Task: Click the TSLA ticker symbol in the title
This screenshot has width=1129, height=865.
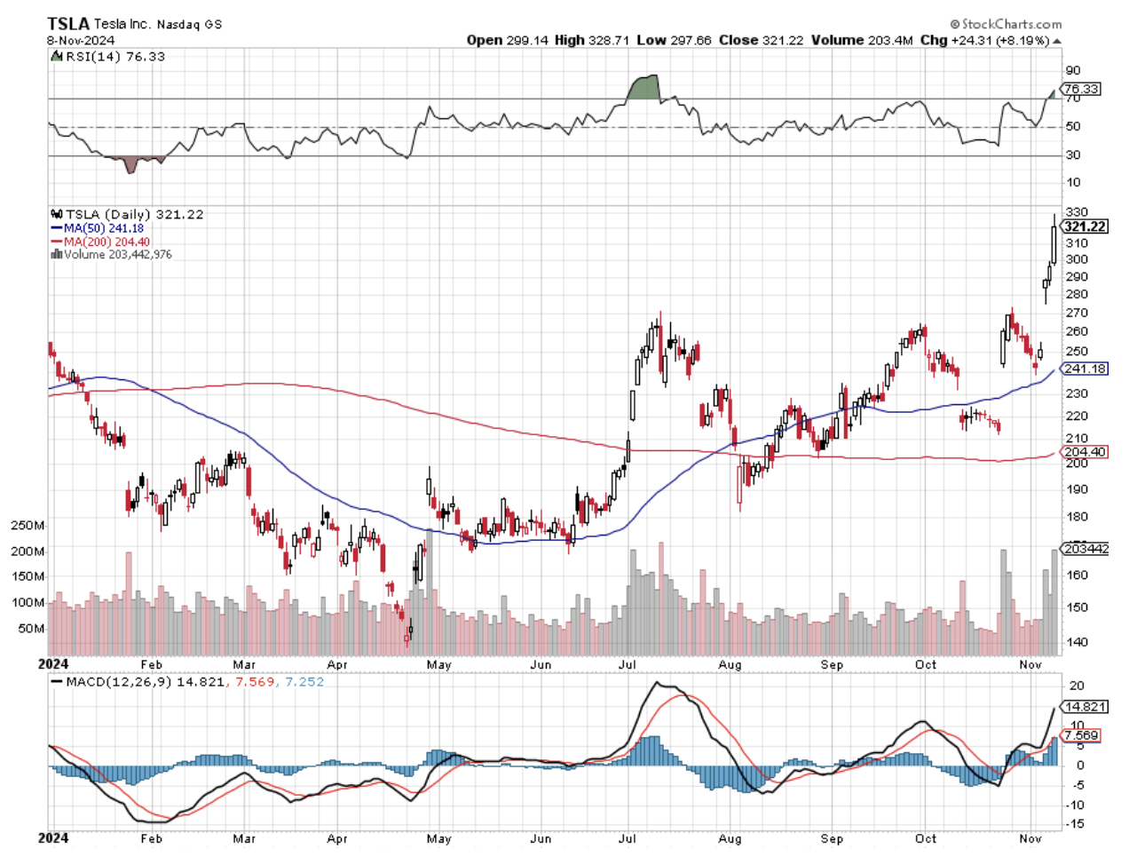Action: [x=68, y=24]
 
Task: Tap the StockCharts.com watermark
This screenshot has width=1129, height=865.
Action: [x=1007, y=24]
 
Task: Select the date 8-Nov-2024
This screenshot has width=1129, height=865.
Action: [x=80, y=40]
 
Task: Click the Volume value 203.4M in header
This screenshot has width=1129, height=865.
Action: [x=890, y=40]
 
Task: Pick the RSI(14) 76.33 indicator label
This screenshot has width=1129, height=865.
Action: [x=114, y=56]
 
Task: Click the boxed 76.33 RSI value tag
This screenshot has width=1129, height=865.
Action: [x=1080, y=89]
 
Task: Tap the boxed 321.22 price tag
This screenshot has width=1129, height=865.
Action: [x=1085, y=226]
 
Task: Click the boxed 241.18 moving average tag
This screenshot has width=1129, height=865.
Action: [x=1085, y=369]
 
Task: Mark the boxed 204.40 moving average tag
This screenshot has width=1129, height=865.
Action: [x=1085, y=452]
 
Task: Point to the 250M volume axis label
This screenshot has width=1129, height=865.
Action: [x=27, y=525]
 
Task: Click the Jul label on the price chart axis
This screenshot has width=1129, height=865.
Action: [x=627, y=664]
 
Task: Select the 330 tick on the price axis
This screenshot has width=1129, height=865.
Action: [x=1076, y=212]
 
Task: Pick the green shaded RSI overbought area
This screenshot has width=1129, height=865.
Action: [x=644, y=88]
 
